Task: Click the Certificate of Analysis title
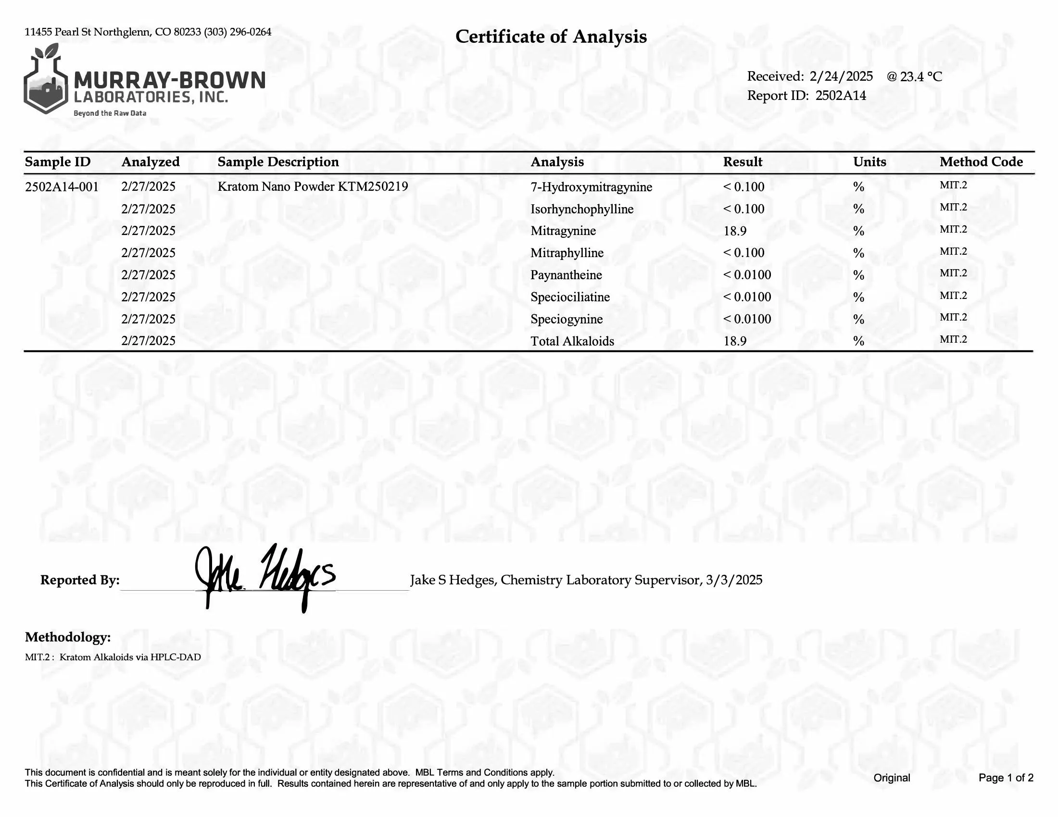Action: click(x=551, y=37)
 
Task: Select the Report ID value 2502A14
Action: click(x=841, y=95)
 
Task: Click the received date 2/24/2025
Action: click(x=841, y=76)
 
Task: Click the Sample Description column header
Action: click(x=278, y=161)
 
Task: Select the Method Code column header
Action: click(x=981, y=161)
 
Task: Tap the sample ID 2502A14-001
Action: click(x=62, y=187)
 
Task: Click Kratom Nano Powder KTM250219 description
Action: click(x=313, y=187)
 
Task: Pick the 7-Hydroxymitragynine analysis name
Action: click(x=591, y=187)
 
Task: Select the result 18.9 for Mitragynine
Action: click(x=735, y=231)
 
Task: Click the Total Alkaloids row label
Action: click(x=572, y=341)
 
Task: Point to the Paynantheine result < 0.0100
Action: click(x=747, y=275)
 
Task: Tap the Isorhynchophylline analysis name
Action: click(x=582, y=209)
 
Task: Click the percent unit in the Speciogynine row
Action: click(x=859, y=320)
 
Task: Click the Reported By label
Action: click(x=80, y=580)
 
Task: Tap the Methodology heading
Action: click(x=68, y=637)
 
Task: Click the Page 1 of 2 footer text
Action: click(x=1006, y=778)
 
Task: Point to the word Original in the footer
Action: click(x=891, y=778)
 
